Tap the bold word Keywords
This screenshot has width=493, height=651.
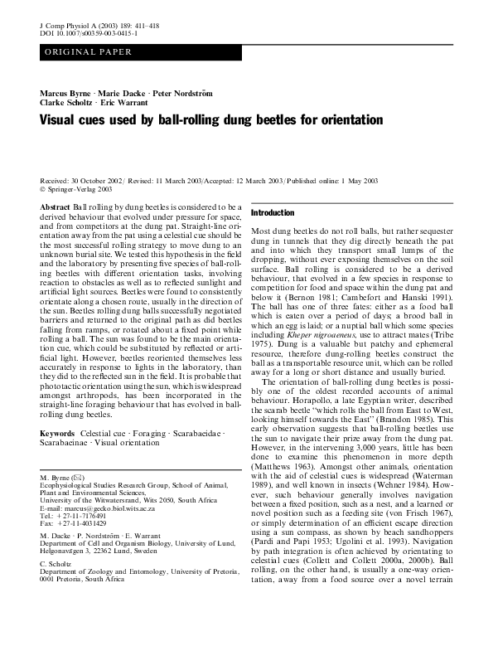click(x=58, y=434)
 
